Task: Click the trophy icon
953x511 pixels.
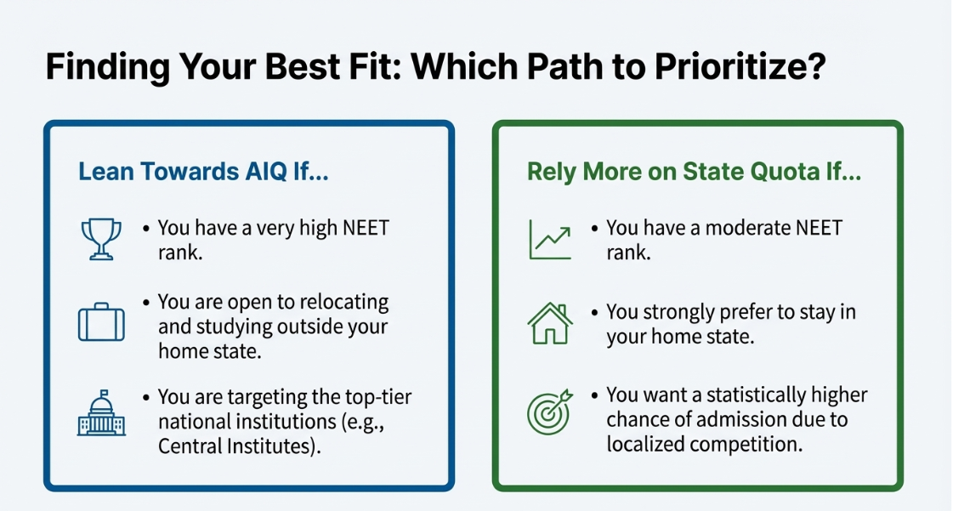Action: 100,239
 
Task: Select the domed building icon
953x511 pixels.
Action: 101,415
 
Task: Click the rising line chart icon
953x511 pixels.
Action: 550,239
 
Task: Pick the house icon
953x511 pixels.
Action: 550,323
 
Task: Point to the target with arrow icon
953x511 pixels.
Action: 550,411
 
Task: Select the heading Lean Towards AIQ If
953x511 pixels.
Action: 203,172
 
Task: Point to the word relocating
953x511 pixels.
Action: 338,303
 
